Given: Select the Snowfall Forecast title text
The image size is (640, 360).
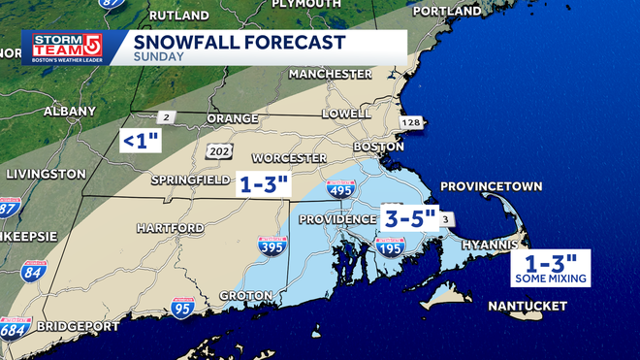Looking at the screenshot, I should click(x=239, y=43).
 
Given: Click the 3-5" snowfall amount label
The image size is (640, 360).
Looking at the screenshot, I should click(x=409, y=217).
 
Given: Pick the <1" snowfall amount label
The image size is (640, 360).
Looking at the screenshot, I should click(x=140, y=142).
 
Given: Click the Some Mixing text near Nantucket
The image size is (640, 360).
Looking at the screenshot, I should click(x=551, y=278).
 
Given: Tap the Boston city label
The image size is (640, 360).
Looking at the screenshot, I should click(x=378, y=147).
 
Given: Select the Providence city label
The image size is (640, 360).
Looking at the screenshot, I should click(x=336, y=219).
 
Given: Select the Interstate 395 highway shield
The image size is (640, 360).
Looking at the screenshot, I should click(x=272, y=249).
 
